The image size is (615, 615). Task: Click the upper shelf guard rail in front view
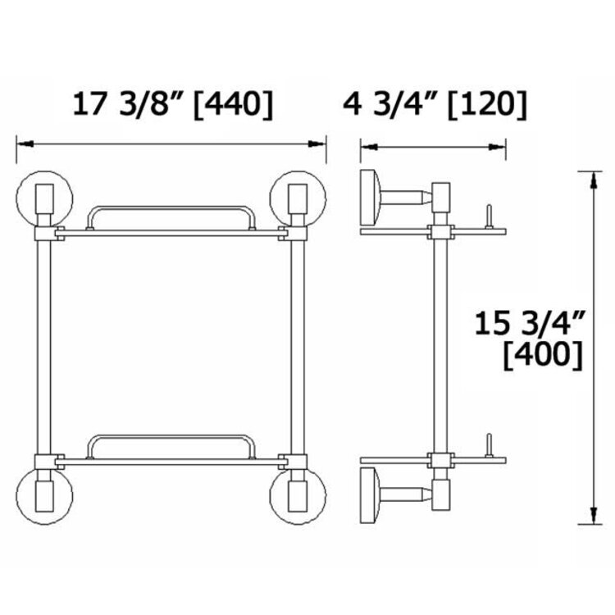click(x=171, y=212)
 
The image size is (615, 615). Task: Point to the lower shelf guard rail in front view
click(x=171, y=440)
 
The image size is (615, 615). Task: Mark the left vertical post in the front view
click(x=45, y=344)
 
